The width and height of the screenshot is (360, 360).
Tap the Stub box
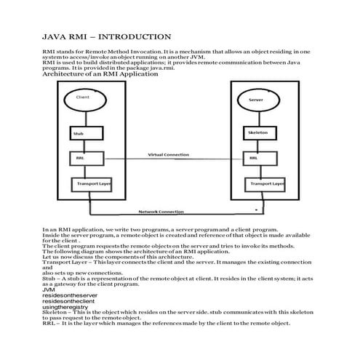coord(79,133)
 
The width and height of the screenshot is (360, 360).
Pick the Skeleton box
coord(257,133)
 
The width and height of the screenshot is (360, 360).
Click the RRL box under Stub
coord(79,158)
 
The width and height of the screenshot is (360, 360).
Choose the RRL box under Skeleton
coord(253,158)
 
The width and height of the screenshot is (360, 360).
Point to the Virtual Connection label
coord(169,154)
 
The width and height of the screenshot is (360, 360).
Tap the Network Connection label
coord(161,212)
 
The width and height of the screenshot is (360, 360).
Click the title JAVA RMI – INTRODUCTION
coord(107,36)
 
